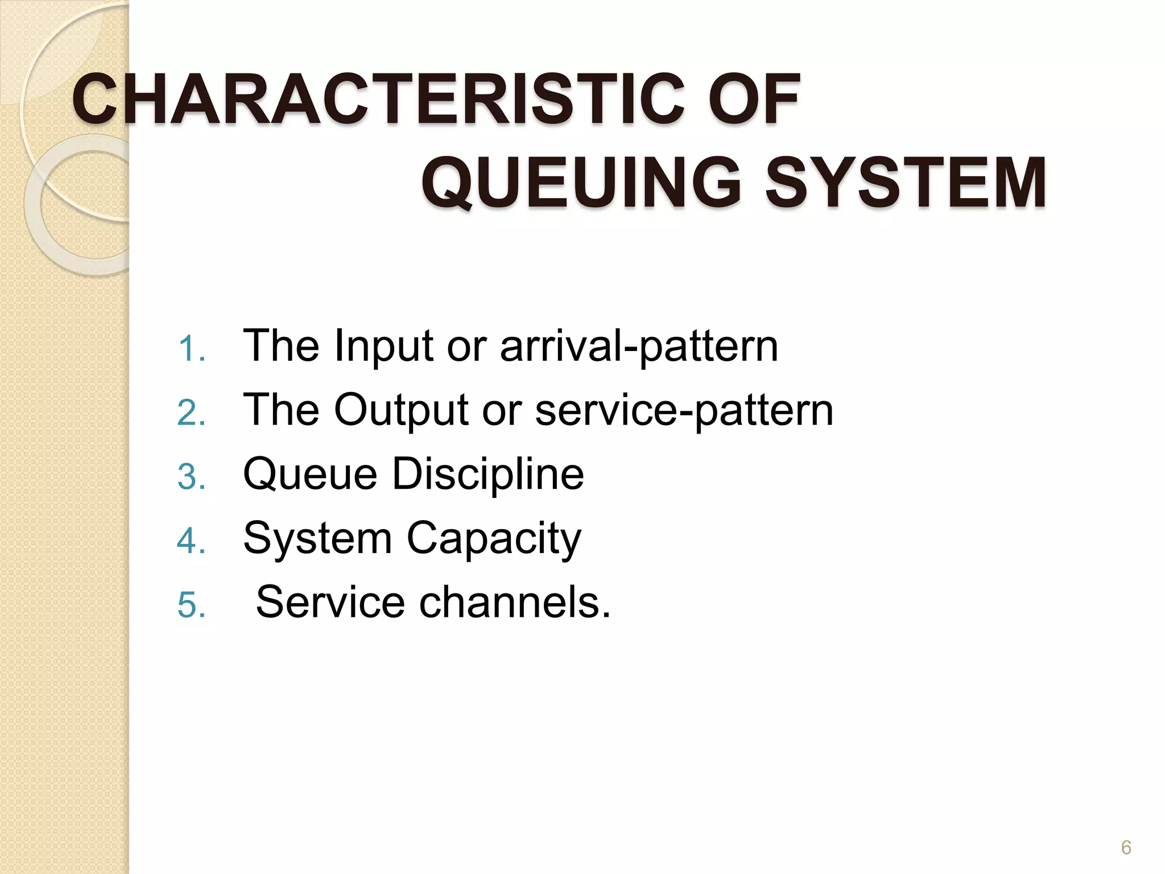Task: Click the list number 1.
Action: (191, 349)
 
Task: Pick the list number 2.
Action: (191, 413)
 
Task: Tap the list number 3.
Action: (191, 477)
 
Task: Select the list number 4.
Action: (191, 541)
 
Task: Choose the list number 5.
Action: (191, 605)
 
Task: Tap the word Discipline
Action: (488, 474)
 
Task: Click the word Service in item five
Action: (330, 602)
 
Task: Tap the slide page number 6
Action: (1126, 848)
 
